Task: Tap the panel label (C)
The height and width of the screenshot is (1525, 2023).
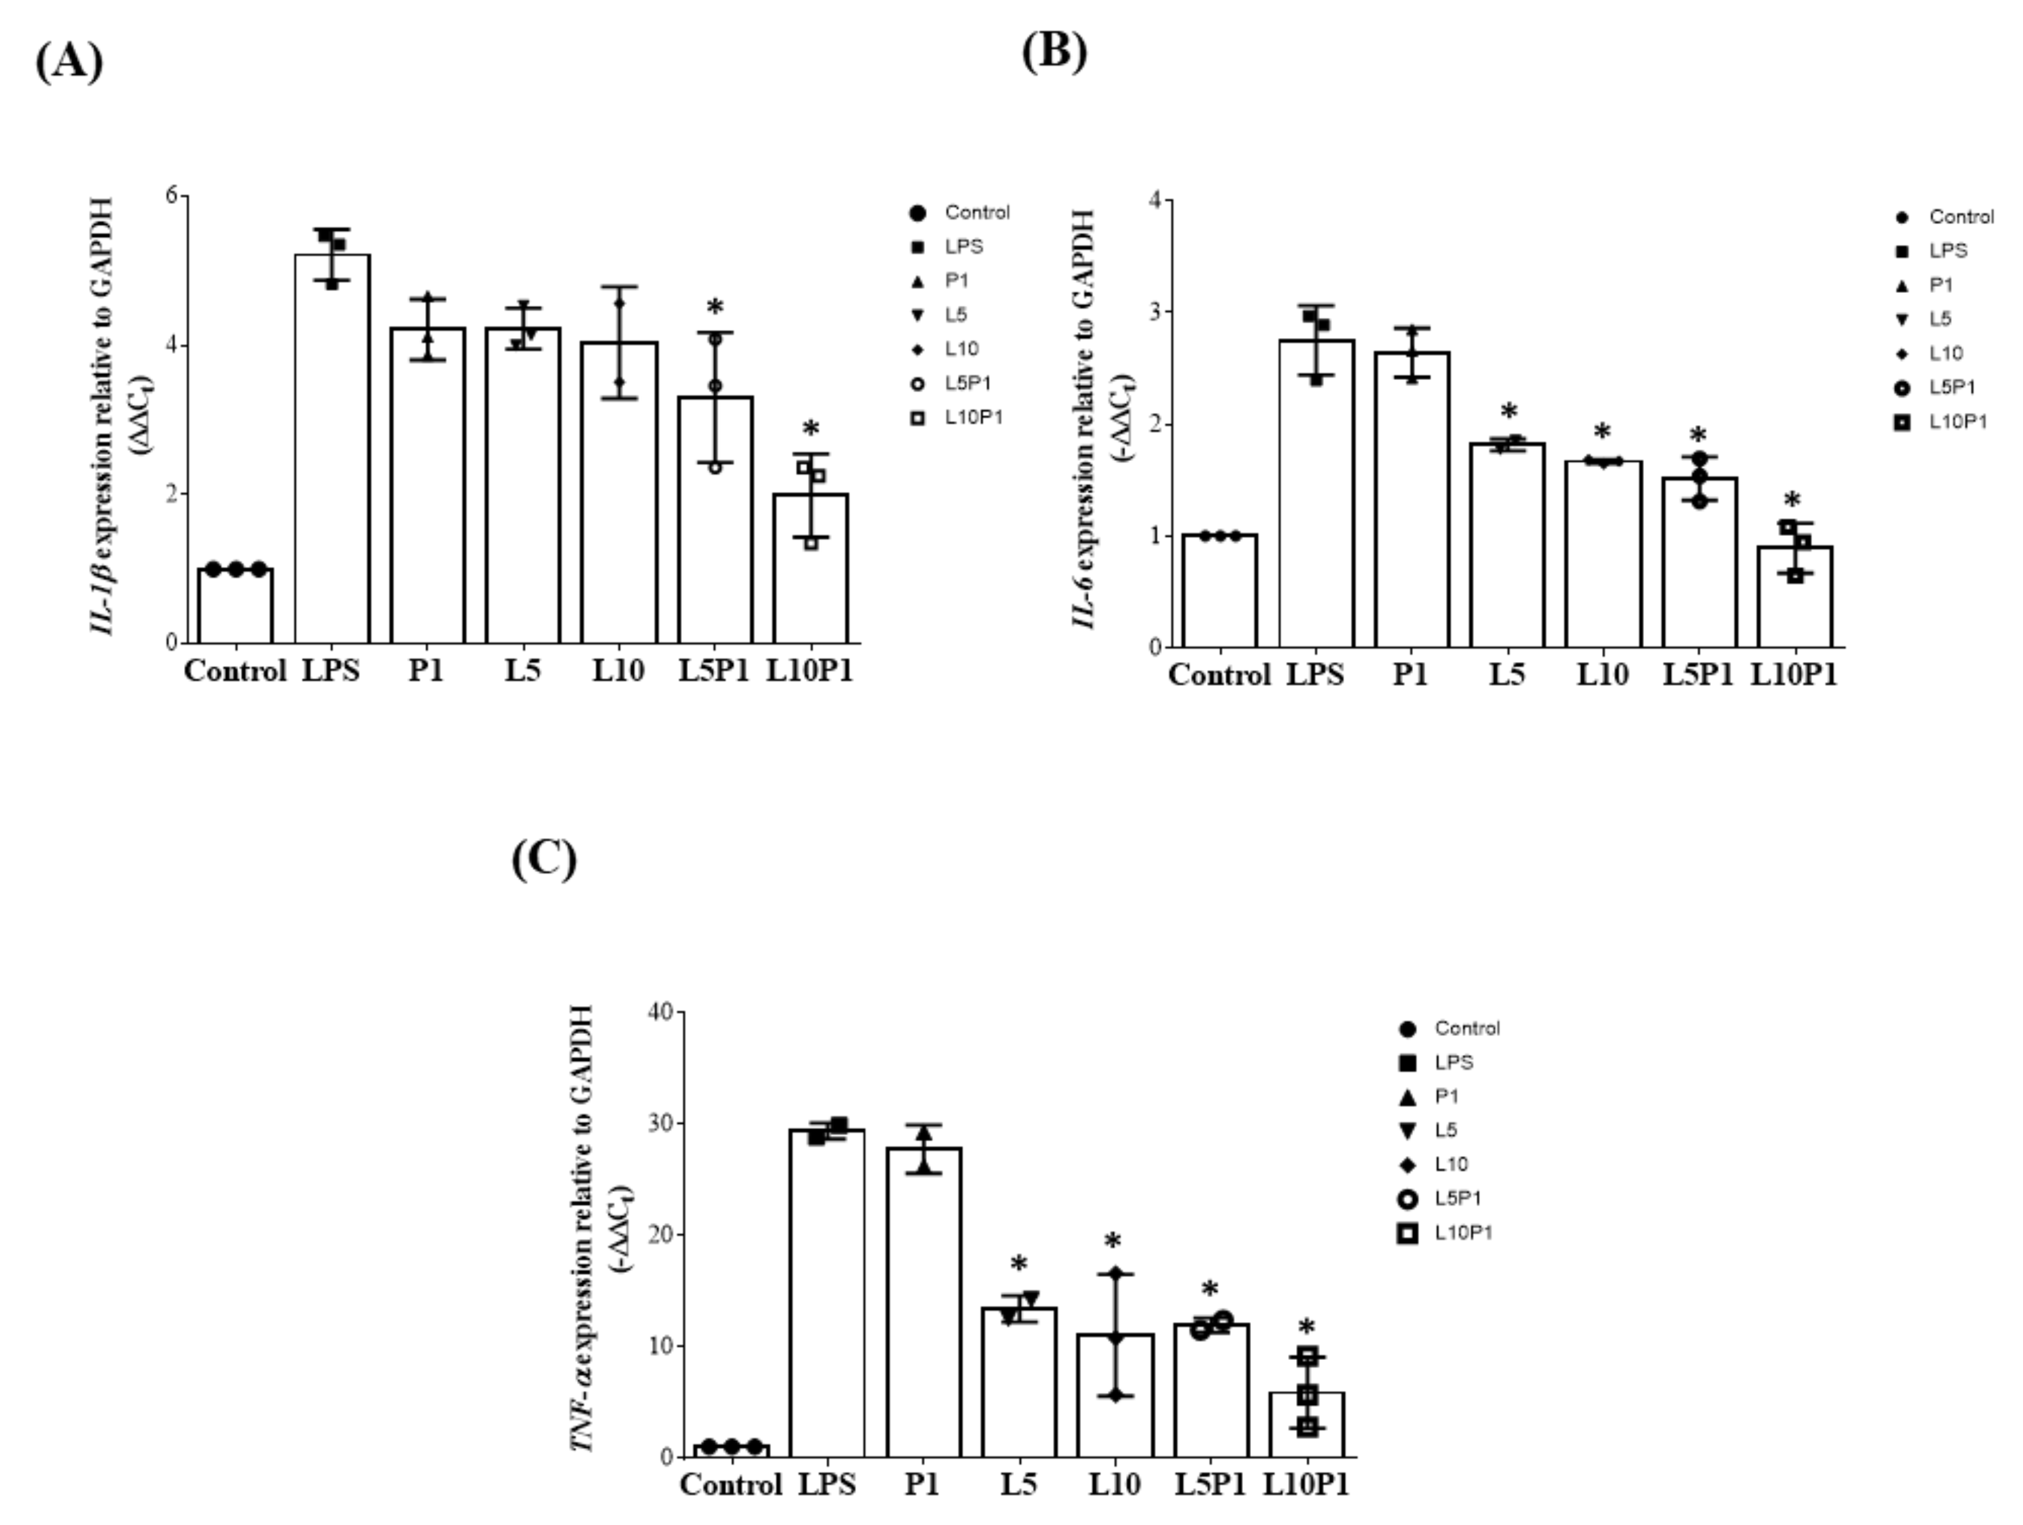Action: coord(544,859)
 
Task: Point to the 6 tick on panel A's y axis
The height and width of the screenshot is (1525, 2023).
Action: coord(171,195)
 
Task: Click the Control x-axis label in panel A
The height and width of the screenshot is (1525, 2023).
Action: coord(235,671)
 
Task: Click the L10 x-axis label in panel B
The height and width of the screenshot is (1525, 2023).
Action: coord(1603,675)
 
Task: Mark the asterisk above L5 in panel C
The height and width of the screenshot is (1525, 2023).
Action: coord(1019,1266)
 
